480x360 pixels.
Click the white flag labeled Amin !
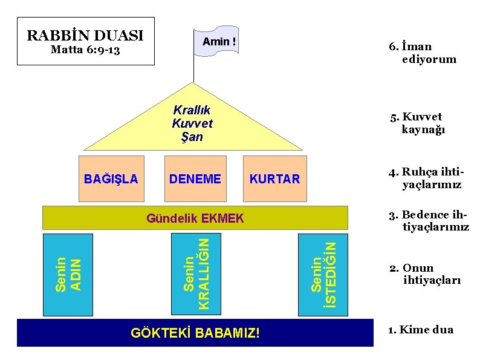click(x=216, y=41)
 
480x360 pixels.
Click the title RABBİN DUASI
click(x=85, y=34)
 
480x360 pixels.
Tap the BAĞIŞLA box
click(x=111, y=178)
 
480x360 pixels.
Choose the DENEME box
click(x=195, y=178)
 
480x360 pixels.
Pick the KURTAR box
click(x=275, y=178)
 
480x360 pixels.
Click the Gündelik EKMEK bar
click(x=195, y=218)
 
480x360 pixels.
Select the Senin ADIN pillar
click(x=68, y=273)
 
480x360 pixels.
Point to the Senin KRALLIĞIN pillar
click(x=196, y=273)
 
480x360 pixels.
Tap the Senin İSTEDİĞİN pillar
click(x=323, y=273)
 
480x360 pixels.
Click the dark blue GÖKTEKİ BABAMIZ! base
click(x=195, y=333)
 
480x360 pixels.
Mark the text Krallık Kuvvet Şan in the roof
click(x=192, y=123)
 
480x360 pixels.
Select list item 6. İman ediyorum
click(x=422, y=53)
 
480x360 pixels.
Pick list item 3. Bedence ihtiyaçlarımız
click(x=428, y=221)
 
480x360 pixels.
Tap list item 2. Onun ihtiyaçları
click(x=425, y=274)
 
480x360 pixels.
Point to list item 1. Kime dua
click(x=421, y=330)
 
